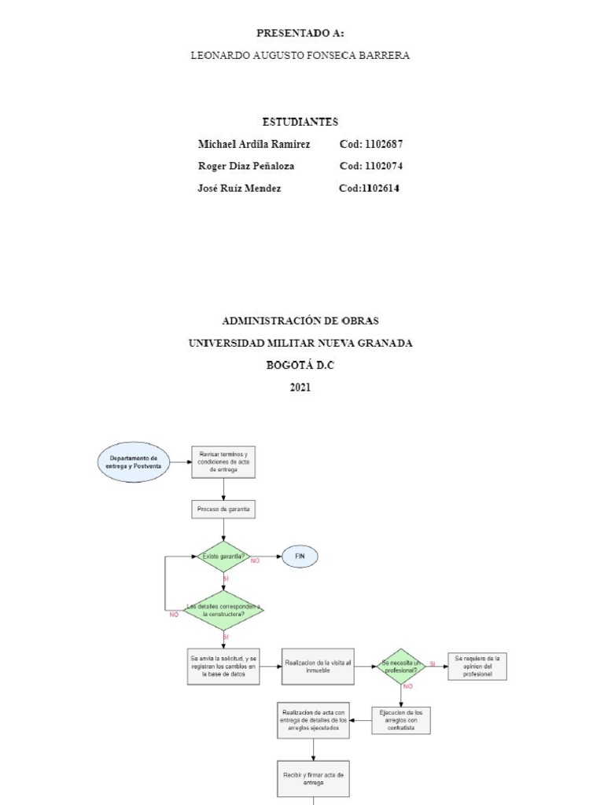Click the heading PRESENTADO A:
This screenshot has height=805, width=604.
point(300,33)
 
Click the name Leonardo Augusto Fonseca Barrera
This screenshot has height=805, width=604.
point(300,56)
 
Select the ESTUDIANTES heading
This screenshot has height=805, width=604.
point(300,122)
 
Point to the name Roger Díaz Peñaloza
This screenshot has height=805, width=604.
point(245,166)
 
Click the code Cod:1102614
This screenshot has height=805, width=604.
point(369,188)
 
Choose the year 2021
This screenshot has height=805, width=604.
point(300,388)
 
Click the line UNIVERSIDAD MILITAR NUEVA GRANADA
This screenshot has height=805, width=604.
point(300,344)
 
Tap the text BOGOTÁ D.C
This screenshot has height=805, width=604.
point(300,366)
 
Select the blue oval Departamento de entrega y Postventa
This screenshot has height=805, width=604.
point(132,462)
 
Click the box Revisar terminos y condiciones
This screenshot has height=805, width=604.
point(223,462)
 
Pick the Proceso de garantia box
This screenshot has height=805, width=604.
point(223,509)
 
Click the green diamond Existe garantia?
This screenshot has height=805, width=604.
point(223,557)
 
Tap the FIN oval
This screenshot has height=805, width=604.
point(299,557)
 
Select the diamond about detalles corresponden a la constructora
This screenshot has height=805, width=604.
point(223,611)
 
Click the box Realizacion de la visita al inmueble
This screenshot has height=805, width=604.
point(318,666)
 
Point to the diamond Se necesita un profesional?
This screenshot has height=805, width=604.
point(401,666)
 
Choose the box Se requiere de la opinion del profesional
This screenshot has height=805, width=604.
point(477,666)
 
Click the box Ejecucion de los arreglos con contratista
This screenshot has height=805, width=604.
point(401,720)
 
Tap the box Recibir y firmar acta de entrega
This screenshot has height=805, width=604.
point(313,778)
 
